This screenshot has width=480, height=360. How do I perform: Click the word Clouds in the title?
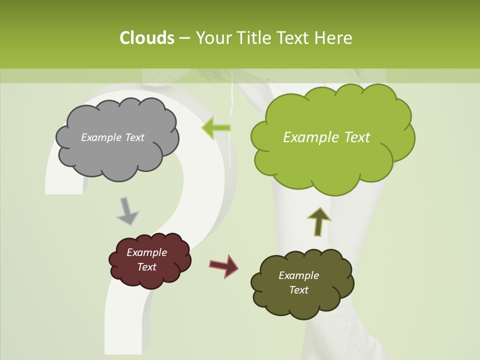(x=146, y=38)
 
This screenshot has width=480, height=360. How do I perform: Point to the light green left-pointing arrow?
(x=216, y=128)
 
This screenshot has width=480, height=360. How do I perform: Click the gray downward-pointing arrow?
(x=127, y=211)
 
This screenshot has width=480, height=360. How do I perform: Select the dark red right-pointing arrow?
(x=223, y=265)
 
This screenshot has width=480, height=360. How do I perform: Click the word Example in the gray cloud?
(x=100, y=137)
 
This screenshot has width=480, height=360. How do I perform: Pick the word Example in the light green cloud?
(x=311, y=137)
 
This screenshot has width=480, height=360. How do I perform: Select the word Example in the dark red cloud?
(x=146, y=252)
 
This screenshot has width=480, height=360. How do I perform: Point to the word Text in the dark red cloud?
(x=146, y=267)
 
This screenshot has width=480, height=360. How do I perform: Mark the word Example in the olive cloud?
(x=298, y=275)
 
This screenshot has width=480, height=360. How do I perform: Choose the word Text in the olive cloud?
(x=298, y=290)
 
